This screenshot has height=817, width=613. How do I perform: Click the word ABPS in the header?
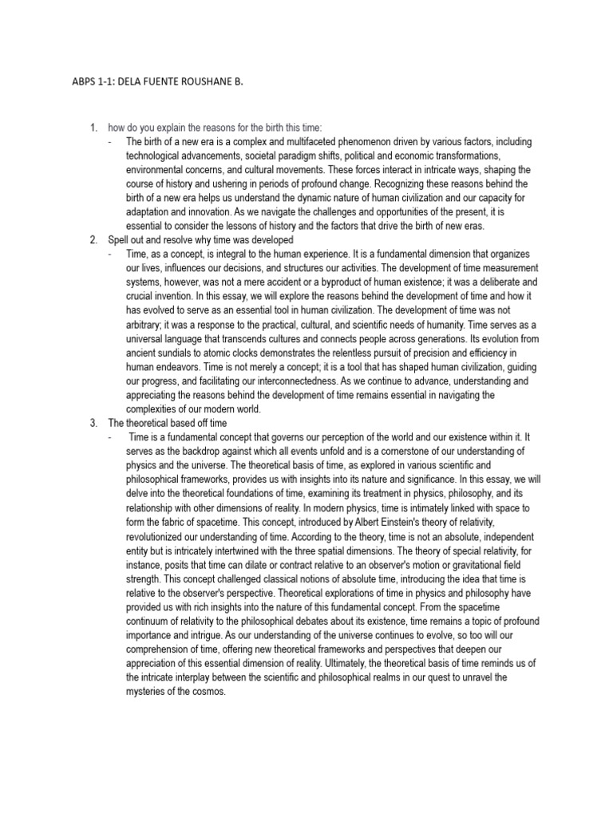(84, 81)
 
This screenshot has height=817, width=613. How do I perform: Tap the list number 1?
(93, 128)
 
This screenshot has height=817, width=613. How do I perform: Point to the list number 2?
(93, 240)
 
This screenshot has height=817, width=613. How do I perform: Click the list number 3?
(93, 422)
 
